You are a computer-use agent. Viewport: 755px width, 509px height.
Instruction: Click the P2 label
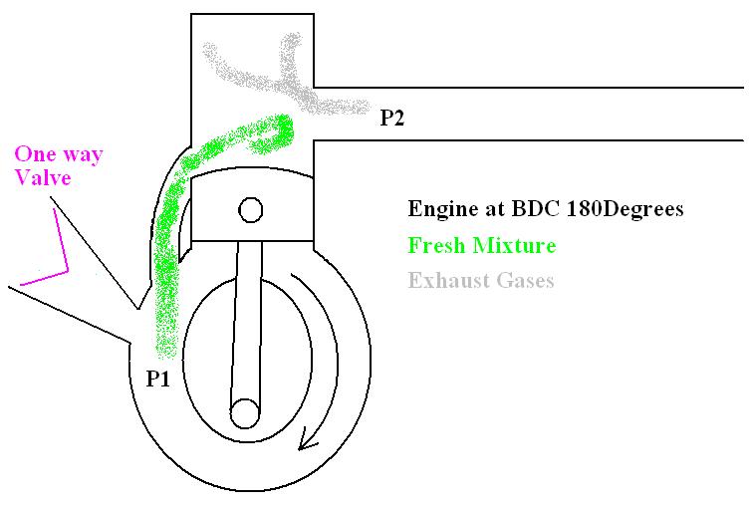click(392, 120)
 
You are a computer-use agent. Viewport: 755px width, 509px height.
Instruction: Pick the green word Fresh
click(434, 245)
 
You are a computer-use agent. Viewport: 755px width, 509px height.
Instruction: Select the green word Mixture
click(512, 245)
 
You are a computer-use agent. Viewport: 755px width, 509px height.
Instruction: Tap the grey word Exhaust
click(446, 280)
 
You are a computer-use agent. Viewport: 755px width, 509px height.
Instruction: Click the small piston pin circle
click(249, 210)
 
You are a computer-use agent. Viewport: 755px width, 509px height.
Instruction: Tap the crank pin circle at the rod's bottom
click(244, 411)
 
